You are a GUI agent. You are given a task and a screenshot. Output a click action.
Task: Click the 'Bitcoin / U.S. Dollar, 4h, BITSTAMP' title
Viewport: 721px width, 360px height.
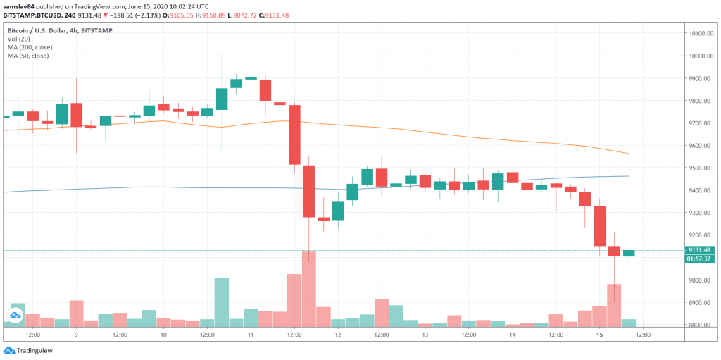60,31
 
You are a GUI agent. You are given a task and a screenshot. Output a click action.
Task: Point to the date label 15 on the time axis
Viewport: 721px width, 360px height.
599,335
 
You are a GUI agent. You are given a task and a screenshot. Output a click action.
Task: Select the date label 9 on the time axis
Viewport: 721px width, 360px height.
76,335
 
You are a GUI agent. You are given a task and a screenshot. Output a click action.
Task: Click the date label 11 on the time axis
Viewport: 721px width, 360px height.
251,335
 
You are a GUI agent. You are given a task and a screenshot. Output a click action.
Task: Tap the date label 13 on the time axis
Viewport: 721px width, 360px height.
425,335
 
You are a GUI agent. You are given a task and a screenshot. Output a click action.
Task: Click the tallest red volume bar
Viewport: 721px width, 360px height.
308,289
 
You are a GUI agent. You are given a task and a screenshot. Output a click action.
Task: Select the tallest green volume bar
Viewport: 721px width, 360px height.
222,302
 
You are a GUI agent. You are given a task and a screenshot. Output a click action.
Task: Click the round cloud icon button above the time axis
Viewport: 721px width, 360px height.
15,316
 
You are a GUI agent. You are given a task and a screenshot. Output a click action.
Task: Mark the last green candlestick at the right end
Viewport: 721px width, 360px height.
629,253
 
